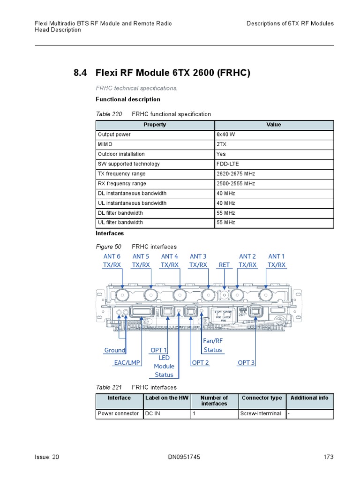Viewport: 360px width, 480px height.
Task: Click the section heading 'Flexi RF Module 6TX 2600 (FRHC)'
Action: coord(173,73)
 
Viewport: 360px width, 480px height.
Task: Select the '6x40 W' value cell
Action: coord(226,135)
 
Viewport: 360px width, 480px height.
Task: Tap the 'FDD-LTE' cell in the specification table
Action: coord(228,164)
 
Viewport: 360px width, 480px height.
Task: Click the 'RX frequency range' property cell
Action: coord(122,184)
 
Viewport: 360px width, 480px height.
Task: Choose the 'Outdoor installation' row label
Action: coord(121,154)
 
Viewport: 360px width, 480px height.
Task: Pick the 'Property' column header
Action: coord(155,125)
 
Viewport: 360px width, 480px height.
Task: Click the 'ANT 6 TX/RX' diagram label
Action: coord(112,261)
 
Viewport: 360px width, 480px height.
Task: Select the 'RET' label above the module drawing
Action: coord(224,265)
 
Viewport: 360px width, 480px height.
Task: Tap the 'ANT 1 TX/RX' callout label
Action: coord(276,261)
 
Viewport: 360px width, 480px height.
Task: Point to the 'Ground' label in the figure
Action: coord(114,350)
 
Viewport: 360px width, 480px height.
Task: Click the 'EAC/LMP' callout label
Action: coord(127,363)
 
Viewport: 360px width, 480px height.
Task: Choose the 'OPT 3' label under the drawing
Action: coord(246,363)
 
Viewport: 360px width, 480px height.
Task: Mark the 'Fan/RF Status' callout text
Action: coord(213,345)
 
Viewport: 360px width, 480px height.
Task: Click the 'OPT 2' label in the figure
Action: coord(201,363)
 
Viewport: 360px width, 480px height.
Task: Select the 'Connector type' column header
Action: coord(262,398)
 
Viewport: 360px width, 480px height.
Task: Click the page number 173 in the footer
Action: coord(329,457)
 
